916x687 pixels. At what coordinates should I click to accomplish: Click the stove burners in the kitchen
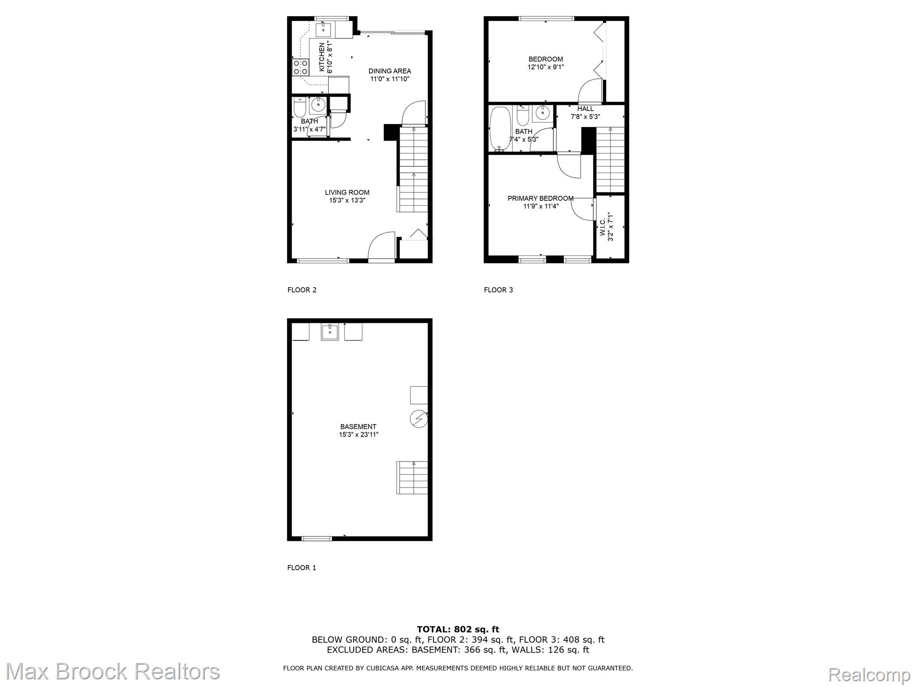[301, 68]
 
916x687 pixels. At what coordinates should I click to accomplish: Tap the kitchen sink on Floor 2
[323, 30]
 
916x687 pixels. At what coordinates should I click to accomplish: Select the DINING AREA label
[390, 71]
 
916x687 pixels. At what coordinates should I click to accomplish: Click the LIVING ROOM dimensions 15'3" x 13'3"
[347, 200]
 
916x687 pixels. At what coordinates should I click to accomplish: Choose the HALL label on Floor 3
[585, 109]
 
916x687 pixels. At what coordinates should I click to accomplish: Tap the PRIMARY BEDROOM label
[540, 199]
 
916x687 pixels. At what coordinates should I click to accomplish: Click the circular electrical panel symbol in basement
[419, 419]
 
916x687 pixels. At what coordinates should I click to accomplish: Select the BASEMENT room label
[358, 427]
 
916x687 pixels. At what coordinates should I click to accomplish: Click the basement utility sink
[330, 332]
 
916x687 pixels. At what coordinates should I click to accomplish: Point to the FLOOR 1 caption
[301, 568]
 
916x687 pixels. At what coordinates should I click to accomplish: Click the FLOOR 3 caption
[498, 290]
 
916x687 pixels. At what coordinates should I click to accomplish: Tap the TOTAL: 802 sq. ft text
[458, 630]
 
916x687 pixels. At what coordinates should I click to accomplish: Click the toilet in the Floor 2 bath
[299, 109]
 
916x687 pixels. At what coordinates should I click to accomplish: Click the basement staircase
[412, 478]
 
